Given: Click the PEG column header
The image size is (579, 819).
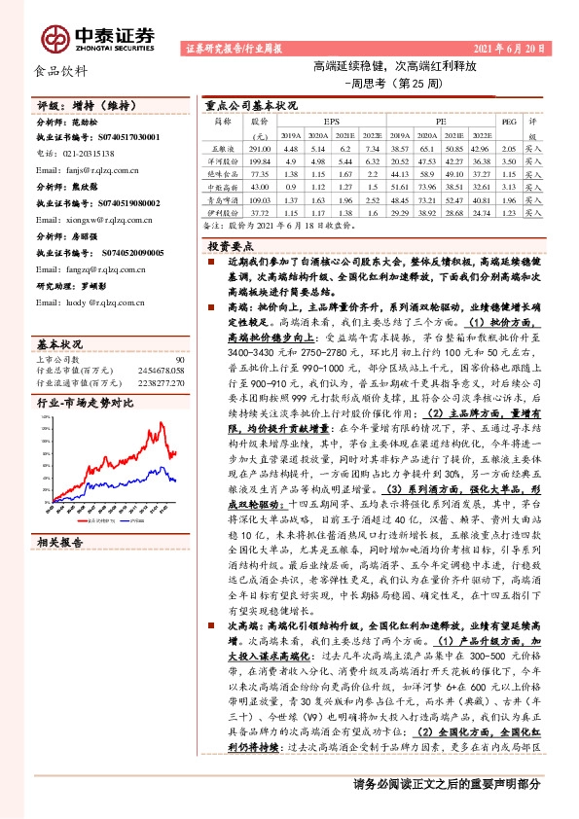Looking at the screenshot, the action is click(x=507, y=122).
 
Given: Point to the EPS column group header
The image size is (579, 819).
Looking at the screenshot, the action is click(x=332, y=122).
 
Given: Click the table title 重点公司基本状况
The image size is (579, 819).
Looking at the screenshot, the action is click(x=251, y=104).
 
